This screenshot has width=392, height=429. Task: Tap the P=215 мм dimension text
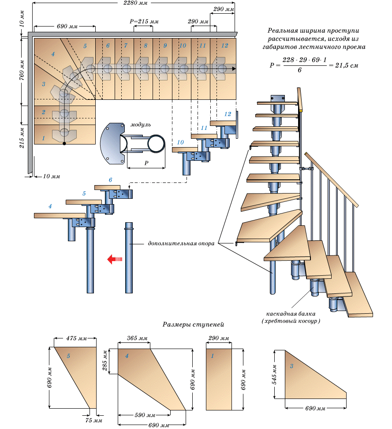click(144, 22)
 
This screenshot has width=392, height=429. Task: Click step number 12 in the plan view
click(225, 46)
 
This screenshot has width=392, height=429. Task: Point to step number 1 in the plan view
click(44, 138)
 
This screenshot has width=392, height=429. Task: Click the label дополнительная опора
click(181, 243)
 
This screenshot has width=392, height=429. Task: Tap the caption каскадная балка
click(290, 313)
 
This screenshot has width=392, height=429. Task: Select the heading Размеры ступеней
click(194, 324)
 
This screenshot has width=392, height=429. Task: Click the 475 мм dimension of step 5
click(76, 339)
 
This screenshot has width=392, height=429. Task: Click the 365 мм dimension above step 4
click(137, 338)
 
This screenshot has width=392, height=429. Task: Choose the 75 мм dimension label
click(92, 421)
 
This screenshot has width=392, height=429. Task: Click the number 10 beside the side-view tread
click(180, 142)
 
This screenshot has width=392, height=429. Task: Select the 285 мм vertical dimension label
click(106, 362)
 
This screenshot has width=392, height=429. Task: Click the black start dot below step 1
click(64, 144)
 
